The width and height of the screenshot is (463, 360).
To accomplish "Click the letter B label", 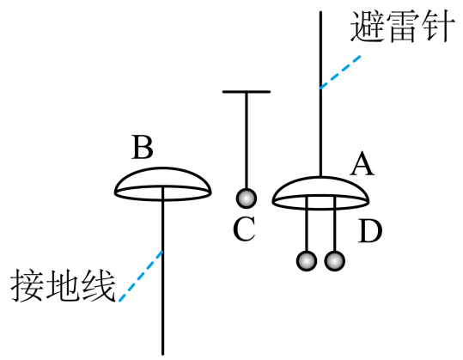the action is point(143,147).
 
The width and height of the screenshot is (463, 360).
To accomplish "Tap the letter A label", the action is point(362,164).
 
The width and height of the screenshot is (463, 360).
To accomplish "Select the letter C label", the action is point(244,229).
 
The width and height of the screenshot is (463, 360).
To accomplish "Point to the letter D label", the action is point(370,231).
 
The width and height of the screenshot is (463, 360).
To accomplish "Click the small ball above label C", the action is point(247,198).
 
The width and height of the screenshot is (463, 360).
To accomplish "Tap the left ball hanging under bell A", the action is point(307,261).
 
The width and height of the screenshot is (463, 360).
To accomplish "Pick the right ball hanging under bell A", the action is point(334,261).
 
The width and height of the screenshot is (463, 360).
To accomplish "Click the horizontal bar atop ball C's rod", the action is point(247,92).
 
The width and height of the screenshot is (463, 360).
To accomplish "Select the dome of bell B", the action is point(162,168).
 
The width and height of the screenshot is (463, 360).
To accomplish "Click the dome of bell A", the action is point(320,178).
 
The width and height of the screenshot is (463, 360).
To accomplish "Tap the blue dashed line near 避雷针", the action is point(340,71).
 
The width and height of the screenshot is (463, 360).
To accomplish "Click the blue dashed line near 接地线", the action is point(141,276).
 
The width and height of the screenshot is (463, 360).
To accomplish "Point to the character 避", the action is point(368,26).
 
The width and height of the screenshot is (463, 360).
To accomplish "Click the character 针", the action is point(437,26).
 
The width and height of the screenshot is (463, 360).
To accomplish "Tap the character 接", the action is point(27,285).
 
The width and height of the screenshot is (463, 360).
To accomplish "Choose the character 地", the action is point(63,285).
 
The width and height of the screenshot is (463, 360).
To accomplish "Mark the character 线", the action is point(98,285).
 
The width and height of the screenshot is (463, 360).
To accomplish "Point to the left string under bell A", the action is point(308,224).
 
